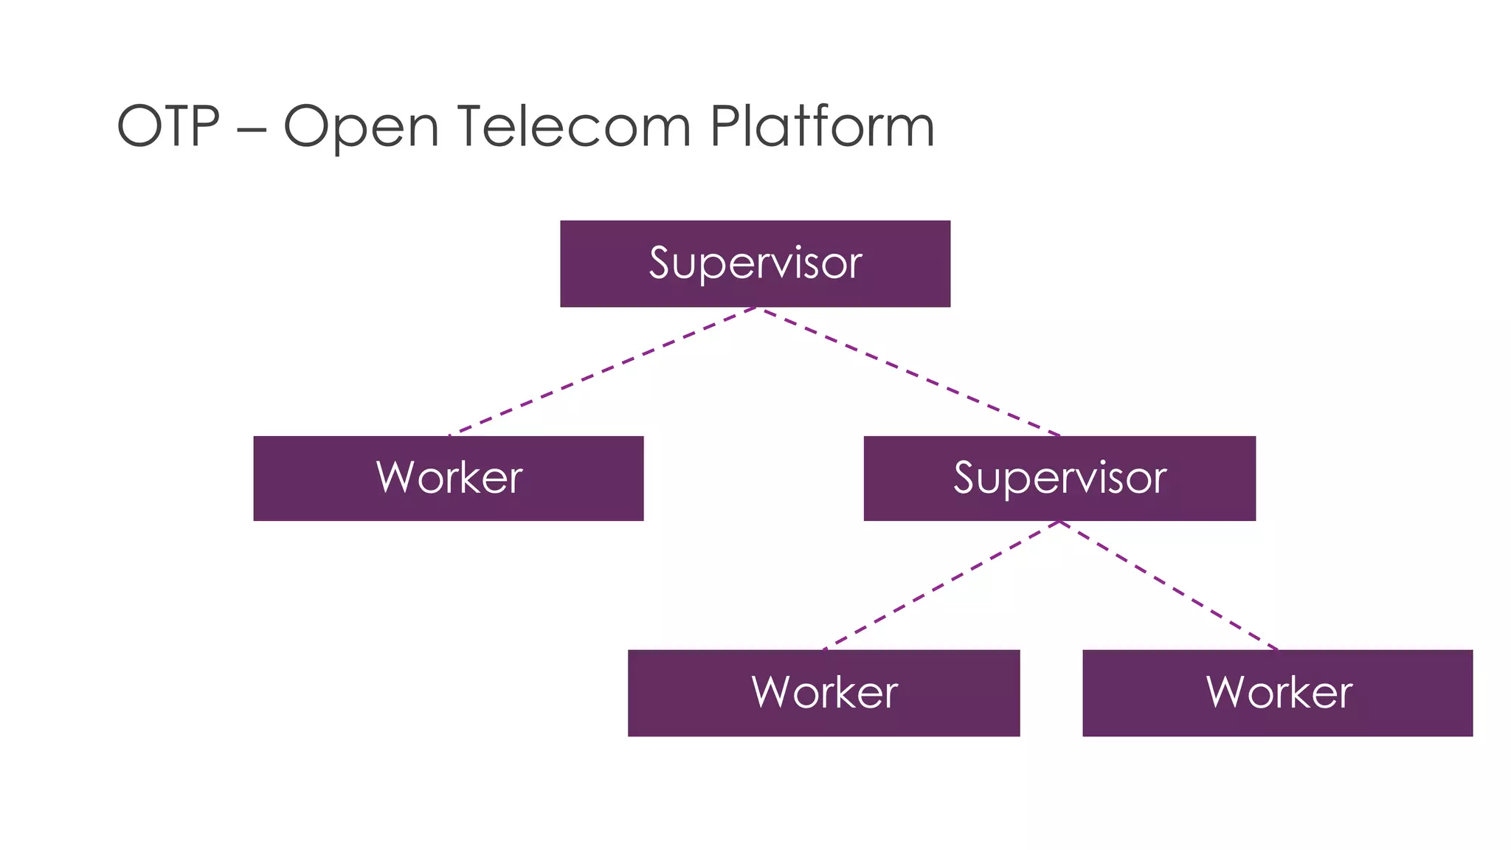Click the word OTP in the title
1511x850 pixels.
click(168, 126)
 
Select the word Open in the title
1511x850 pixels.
click(361, 128)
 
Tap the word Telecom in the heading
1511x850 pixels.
click(574, 126)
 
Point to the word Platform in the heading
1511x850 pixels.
click(822, 126)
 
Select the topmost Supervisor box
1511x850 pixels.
click(755, 263)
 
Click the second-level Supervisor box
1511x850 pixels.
click(1059, 478)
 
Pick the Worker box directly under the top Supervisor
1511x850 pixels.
click(449, 478)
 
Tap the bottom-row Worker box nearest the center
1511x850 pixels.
click(823, 693)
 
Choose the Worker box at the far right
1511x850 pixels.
click(1277, 693)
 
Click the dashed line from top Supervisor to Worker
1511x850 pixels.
click(601, 371)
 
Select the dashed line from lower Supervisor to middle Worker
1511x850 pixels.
click(941, 586)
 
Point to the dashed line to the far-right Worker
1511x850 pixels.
click(1169, 586)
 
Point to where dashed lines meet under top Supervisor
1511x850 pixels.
click(756, 308)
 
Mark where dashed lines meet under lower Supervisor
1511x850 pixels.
click(1059, 522)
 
